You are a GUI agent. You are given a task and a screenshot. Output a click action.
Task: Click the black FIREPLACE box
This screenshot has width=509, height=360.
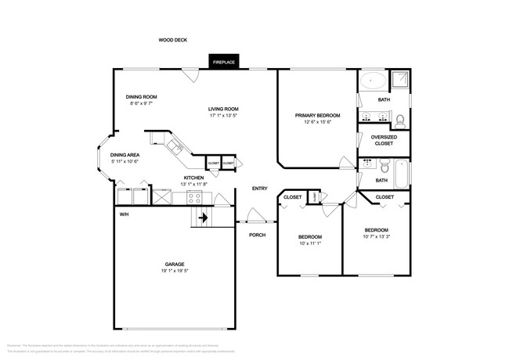point(225,61)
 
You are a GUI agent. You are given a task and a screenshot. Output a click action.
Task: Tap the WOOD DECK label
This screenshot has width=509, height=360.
point(172,40)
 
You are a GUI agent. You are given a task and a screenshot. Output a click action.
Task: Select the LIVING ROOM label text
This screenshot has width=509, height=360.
point(223,109)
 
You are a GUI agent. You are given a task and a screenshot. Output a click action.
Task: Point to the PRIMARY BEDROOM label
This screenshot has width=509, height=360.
point(317,115)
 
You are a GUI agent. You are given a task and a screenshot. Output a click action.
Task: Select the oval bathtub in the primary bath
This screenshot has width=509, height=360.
point(372,81)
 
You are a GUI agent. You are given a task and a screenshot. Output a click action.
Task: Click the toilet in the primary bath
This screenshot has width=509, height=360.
point(400,121)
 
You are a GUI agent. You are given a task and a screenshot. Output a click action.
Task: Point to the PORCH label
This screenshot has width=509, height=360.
point(257,235)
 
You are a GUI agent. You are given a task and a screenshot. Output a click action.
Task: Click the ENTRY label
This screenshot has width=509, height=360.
point(259,189)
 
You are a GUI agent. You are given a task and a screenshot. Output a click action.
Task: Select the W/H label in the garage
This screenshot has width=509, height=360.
point(124,214)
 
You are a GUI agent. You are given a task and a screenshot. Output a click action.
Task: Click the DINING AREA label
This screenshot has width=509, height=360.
point(125,155)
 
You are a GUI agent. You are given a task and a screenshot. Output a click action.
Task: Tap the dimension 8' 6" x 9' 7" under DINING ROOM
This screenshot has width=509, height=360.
point(142,103)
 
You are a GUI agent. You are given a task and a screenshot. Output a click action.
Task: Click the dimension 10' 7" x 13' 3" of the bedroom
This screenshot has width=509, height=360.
point(377,236)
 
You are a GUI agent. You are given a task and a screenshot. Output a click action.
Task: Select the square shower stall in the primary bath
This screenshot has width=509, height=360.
point(400,80)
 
